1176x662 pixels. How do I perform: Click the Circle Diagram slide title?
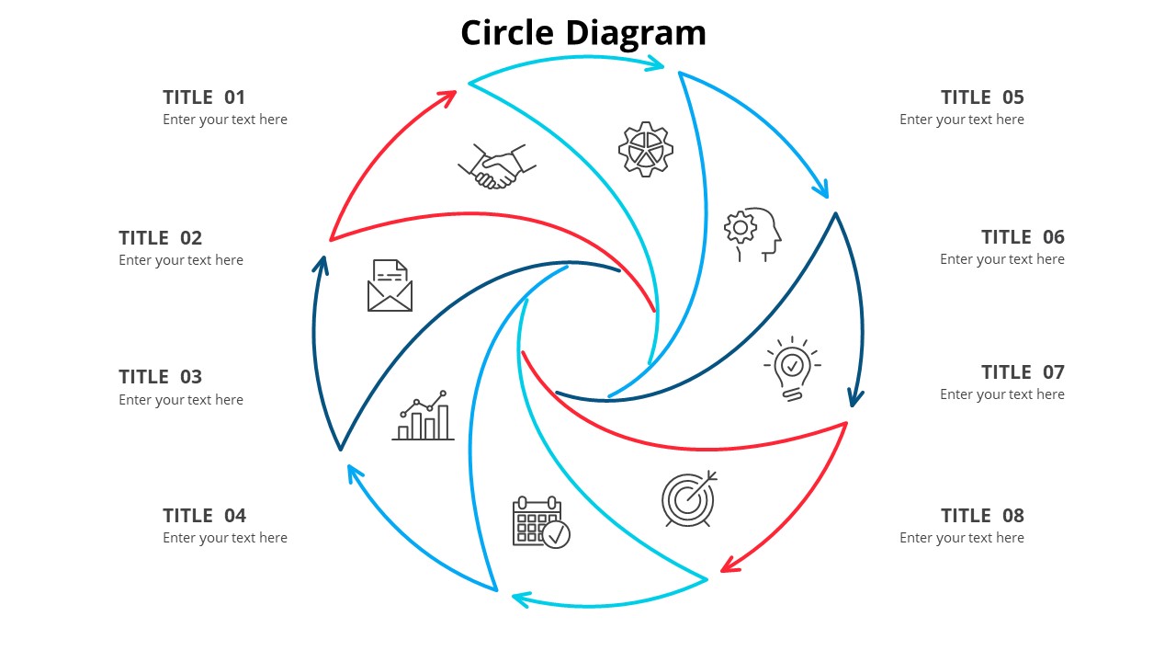[x=583, y=33]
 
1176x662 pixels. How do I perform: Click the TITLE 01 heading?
[x=204, y=97]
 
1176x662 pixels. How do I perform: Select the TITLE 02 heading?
[x=160, y=238]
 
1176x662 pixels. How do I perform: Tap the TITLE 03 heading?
[x=160, y=377]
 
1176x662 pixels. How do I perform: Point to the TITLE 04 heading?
[x=204, y=516]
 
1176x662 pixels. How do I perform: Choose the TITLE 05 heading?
[x=982, y=97]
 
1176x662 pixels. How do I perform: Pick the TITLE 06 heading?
[x=1023, y=237]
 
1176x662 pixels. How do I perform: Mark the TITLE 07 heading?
[x=1023, y=372]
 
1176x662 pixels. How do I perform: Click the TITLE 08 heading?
[x=982, y=516]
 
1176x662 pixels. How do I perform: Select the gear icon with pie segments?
[x=646, y=149]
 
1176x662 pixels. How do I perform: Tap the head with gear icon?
[x=752, y=234]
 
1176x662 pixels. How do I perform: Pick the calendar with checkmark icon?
[x=540, y=522]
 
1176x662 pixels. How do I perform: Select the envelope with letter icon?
[x=390, y=285]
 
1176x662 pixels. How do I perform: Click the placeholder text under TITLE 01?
[x=225, y=120]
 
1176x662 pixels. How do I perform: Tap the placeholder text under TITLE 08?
[x=962, y=538]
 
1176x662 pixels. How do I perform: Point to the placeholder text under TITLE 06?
[x=1002, y=259]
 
